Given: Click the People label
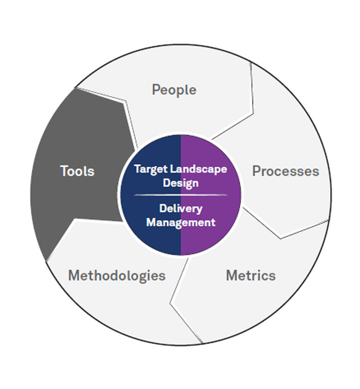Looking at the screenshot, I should tap(174, 90).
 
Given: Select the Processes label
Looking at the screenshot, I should tap(285, 171).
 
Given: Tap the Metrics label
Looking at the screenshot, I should tap(250, 275).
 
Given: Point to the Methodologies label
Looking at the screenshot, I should tap(117, 275).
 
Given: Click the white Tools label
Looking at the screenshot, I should tap(77, 171).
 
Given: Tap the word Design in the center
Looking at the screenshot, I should tap(181, 183).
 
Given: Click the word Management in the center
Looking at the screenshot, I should tap(181, 222).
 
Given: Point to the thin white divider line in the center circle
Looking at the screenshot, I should tap(181, 196).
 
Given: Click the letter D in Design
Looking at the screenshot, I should tap(166, 183).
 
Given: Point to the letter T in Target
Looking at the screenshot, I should tap(137, 169).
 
